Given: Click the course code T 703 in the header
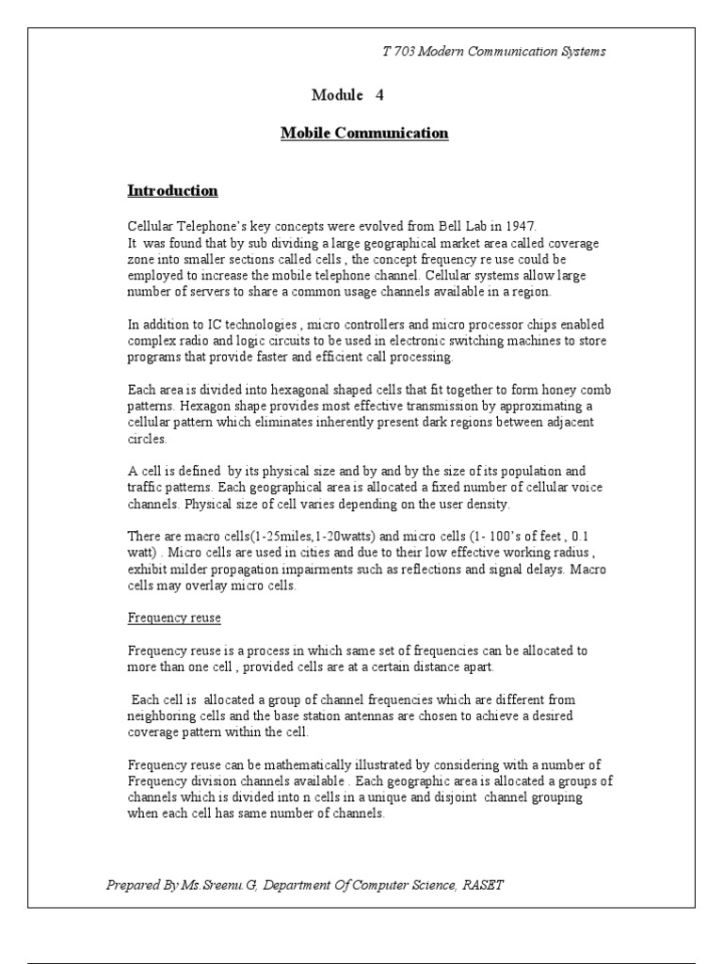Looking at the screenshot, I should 399,52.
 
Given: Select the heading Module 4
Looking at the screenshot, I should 347,95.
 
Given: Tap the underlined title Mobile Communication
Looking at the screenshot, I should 364,133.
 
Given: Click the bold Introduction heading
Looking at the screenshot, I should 172,191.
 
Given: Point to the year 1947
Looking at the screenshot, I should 517,226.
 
